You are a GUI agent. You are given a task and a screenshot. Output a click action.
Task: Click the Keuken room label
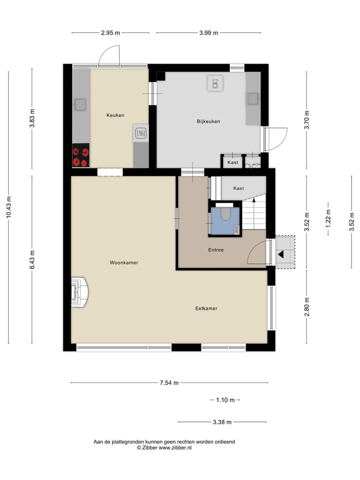pyautogui.click(x=115, y=115)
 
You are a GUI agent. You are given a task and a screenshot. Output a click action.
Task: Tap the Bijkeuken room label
pyautogui.click(x=208, y=121)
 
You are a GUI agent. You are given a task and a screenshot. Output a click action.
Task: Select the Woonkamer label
pyautogui.click(x=124, y=262)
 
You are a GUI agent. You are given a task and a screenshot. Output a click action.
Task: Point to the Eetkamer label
pyautogui.click(x=206, y=308)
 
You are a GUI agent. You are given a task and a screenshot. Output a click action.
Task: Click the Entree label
pyautogui.click(x=216, y=249)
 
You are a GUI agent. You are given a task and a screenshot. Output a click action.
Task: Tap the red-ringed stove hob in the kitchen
pyautogui.click(x=80, y=155)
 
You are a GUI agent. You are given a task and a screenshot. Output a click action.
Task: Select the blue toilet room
pyautogui.click(x=225, y=220)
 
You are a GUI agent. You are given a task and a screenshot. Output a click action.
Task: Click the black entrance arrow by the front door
pyautogui.click(x=280, y=254)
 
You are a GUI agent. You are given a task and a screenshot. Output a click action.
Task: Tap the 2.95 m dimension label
pyautogui.click(x=110, y=33)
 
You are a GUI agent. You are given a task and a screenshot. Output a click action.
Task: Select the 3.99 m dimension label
pyautogui.click(x=208, y=33)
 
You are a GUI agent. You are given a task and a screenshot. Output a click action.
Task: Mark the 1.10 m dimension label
pyautogui.click(x=225, y=400)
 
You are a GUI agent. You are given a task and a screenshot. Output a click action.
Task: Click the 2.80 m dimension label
pyautogui.click(x=307, y=306)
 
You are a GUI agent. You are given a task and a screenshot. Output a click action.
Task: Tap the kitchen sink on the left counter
pyautogui.click(x=80, y=104)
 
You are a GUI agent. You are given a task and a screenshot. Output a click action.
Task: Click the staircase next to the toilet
pyautogui.click(x=254, y=212)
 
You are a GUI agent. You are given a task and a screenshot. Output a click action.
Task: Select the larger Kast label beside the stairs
pyautogui.click(x=238, y=188)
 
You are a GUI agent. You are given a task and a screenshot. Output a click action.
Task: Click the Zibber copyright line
pyautogui.click(x=164, y=448)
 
